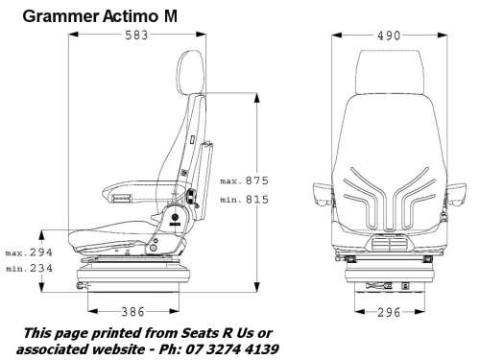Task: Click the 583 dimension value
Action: point(136,36)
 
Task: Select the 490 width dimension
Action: point(389,36)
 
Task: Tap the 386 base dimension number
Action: point(133,312)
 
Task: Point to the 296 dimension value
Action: point(389,312)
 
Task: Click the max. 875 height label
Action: point(245,180)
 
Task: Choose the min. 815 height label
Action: point(245,200)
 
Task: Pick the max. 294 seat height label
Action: point(29,252)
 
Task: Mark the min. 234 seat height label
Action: point(30,268)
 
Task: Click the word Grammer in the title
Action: point(60,16)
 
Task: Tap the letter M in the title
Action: point(171,16)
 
